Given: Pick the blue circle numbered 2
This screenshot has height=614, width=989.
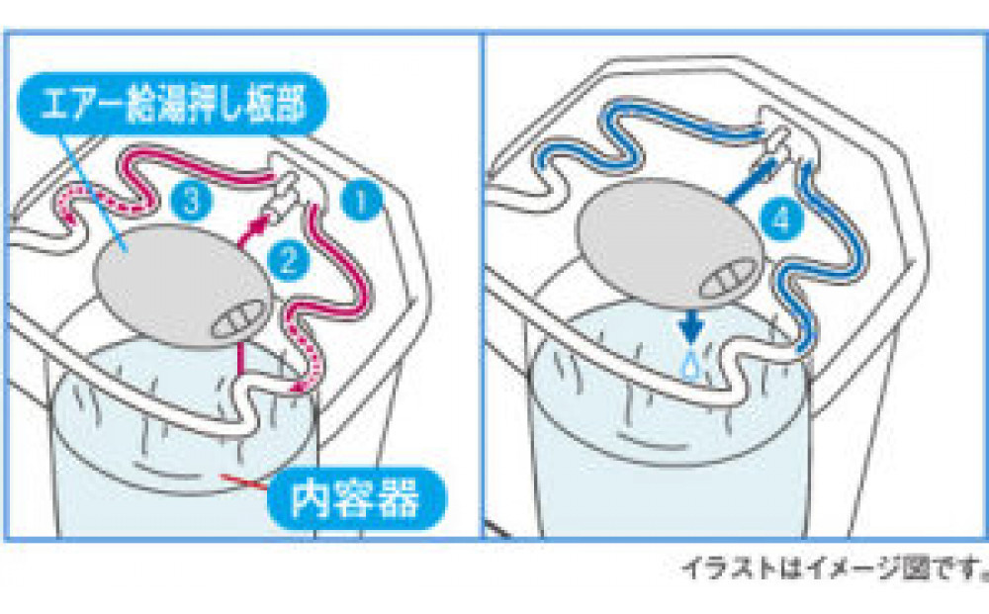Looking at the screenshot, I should tap(288, 261).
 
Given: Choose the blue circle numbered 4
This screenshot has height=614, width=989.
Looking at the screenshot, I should tap(782, 220).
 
